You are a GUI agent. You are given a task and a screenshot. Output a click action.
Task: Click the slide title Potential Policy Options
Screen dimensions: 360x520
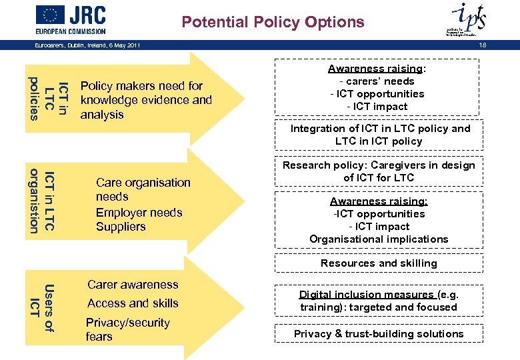pyautogui.click(x=273, y=22)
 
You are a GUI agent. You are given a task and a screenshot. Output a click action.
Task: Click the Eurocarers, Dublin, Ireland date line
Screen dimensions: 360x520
pyautogui.click(x=87, y=45)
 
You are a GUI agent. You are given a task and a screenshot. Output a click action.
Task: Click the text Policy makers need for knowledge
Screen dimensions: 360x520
pyautogui.click(x=145, y=100)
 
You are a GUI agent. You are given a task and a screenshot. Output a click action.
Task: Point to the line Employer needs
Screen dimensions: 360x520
pyautogui.click(x=139, y=213)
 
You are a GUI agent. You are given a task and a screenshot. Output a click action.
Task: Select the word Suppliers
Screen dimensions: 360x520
pyautogui.click(x=121, y=227)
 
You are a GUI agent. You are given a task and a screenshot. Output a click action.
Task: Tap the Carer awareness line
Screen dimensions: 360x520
pyautogui.click(x=133, y=285)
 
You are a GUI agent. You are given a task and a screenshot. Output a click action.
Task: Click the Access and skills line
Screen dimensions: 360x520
pyautogui.click(x=133, y=303)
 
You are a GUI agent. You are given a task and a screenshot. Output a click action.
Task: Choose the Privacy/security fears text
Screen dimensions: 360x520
pyautogui.click(x=127, y=329)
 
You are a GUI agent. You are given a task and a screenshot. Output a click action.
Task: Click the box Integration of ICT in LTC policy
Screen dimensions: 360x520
pyautogui.click(x=379, y=135)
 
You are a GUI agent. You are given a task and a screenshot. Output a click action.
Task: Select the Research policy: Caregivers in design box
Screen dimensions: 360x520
pyautogui.click(x=379, y=171)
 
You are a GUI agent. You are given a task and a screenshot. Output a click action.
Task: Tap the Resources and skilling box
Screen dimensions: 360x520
pyautogui.click(x=379, y=263)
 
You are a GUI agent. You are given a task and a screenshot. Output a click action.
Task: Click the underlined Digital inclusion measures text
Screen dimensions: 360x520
pyautogui.click(x=366, y=295)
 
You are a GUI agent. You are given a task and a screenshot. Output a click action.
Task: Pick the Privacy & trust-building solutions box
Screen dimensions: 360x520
pyautogui.click(x=379, y=333)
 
